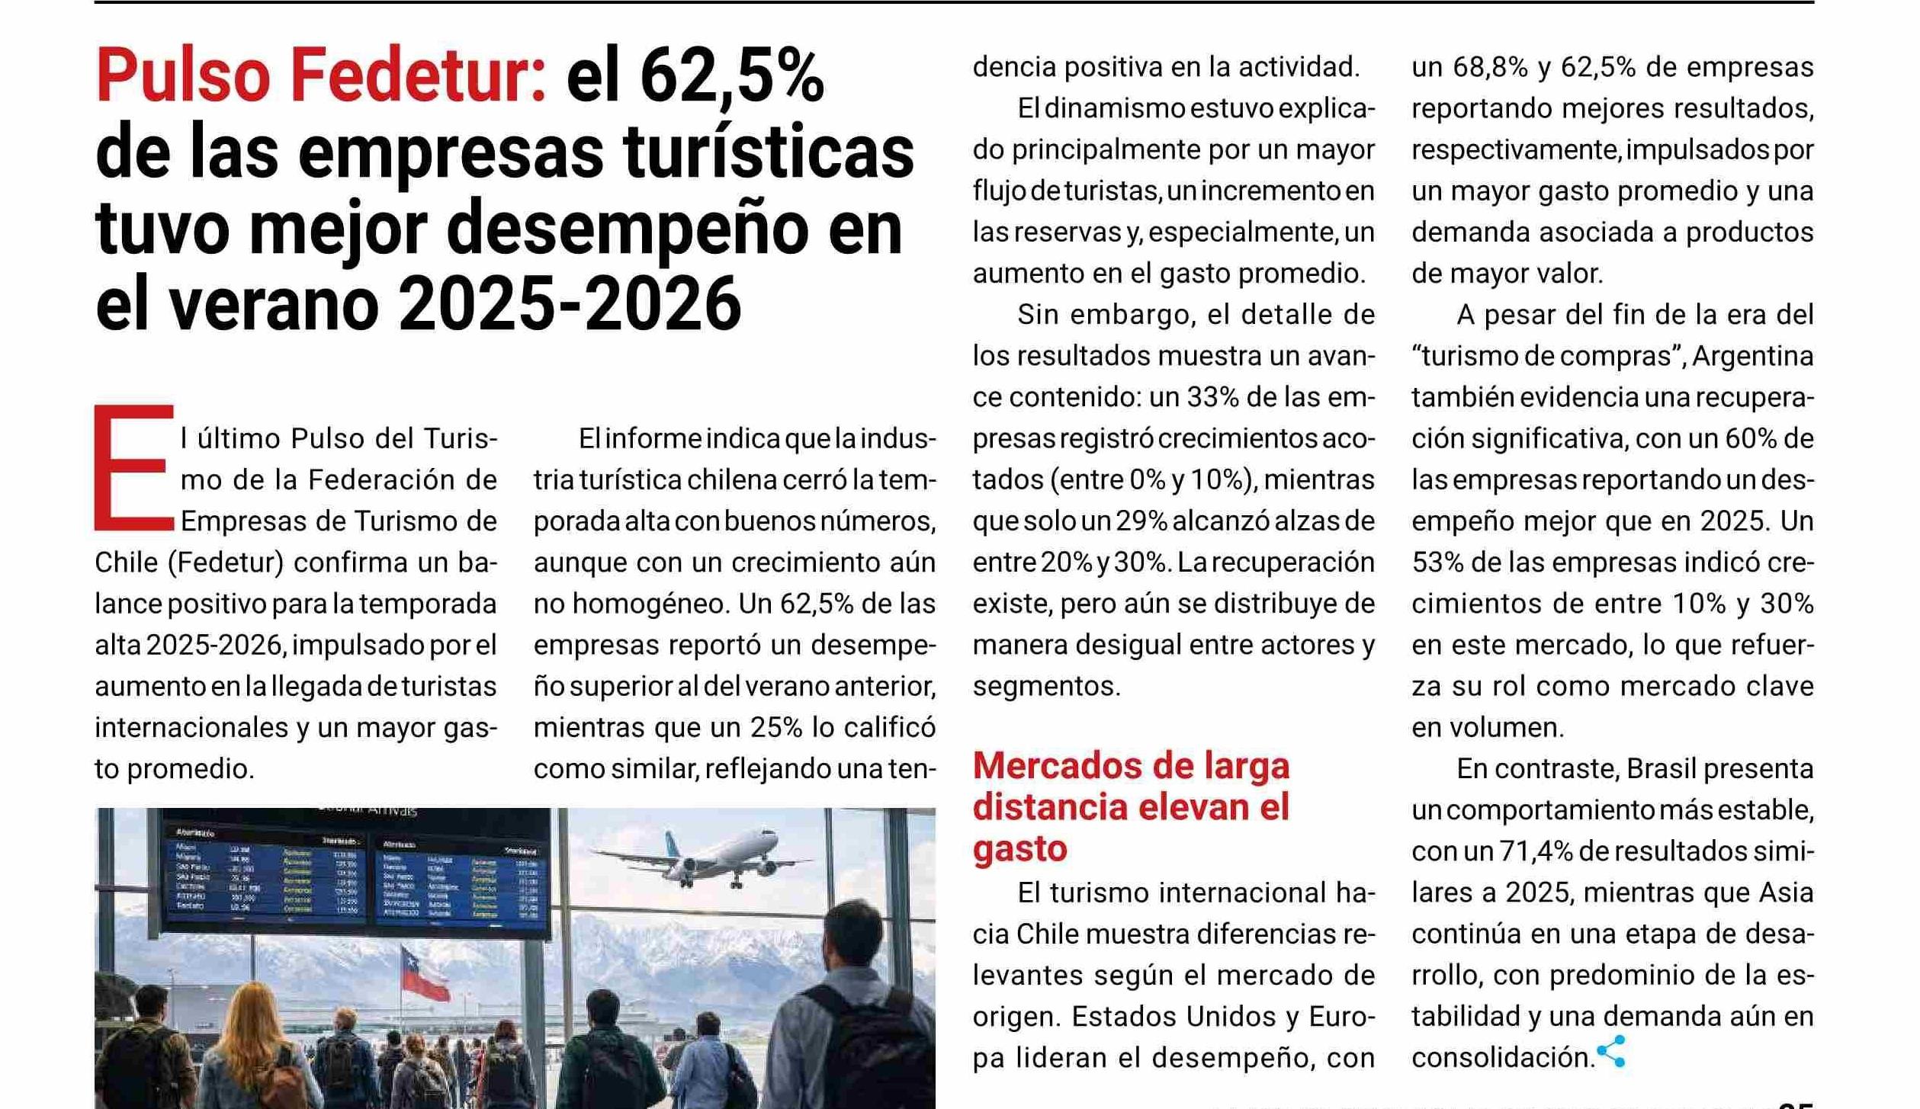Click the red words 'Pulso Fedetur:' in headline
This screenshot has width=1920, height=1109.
pyautogui.click(x=321, y=76)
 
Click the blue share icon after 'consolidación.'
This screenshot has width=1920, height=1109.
pyautogui.click(x=1611, y=1052)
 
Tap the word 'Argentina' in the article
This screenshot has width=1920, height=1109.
pyautogui.click(x=1752, y=357)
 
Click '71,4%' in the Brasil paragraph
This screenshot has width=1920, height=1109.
pyautogui.click(x=1536, y=851)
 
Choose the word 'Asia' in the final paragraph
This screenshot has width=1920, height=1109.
pyautogui.click(x=1781, y=893)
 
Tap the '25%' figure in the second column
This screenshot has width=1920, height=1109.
pyautogui.click(x=775, y=728)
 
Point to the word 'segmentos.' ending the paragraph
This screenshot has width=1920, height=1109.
pyautogui.click(x=1046, y=687)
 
